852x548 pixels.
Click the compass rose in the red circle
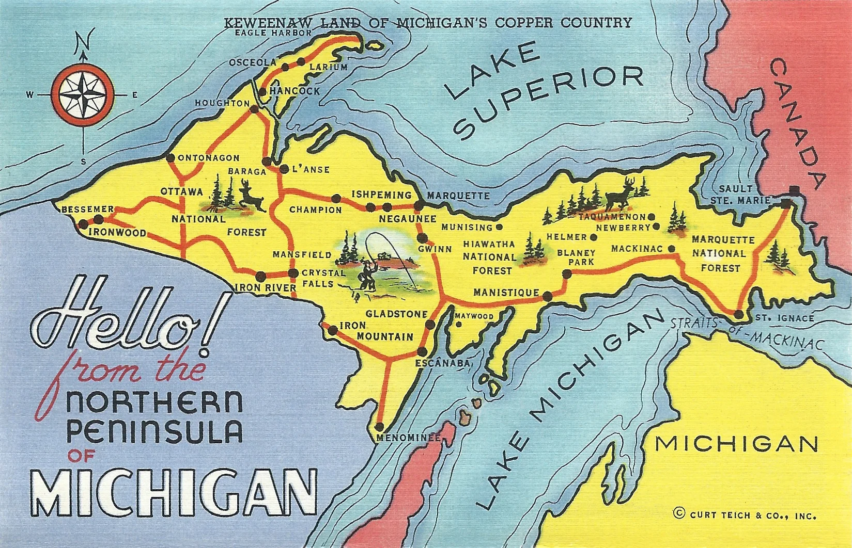[x=83, y=94]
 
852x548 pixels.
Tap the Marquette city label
[x=458, y=196]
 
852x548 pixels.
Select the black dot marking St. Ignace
[x=739, y=314]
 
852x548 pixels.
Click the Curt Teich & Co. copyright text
[x=745, y=514]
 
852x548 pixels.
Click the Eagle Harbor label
[x=273, y=33]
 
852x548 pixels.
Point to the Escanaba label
[x=443, y=363]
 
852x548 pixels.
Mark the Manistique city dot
[x=548, y=296]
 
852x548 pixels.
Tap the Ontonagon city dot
[x=170, y=158]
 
